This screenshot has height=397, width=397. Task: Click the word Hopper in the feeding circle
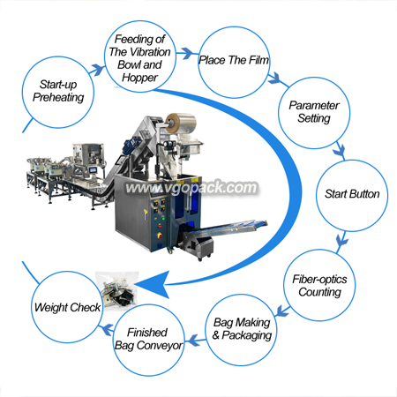(140, 78)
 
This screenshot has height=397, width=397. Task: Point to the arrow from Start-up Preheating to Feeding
(97, 71)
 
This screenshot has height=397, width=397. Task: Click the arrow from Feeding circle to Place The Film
(187, 53)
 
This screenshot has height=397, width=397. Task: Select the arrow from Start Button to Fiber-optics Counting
(341, 241)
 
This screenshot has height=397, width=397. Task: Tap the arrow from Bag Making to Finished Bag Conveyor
(196, 341)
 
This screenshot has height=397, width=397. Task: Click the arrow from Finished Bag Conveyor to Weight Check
(107, 329)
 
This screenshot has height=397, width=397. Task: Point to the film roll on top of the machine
(181, 123)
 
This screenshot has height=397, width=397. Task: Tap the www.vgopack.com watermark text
(191, 188)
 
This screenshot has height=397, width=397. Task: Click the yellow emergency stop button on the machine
(161, 236)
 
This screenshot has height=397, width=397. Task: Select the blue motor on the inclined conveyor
(131, 145)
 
